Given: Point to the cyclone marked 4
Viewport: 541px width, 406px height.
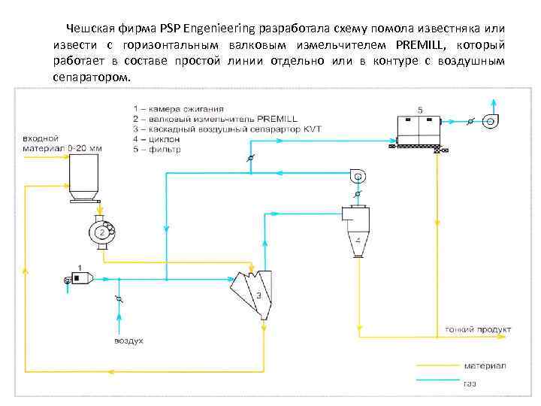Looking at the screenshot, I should point(357,233).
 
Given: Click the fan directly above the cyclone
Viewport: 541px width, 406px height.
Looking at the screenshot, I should point(358,177).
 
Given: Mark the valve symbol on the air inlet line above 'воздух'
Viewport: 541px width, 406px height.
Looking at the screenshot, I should point(117,299).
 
